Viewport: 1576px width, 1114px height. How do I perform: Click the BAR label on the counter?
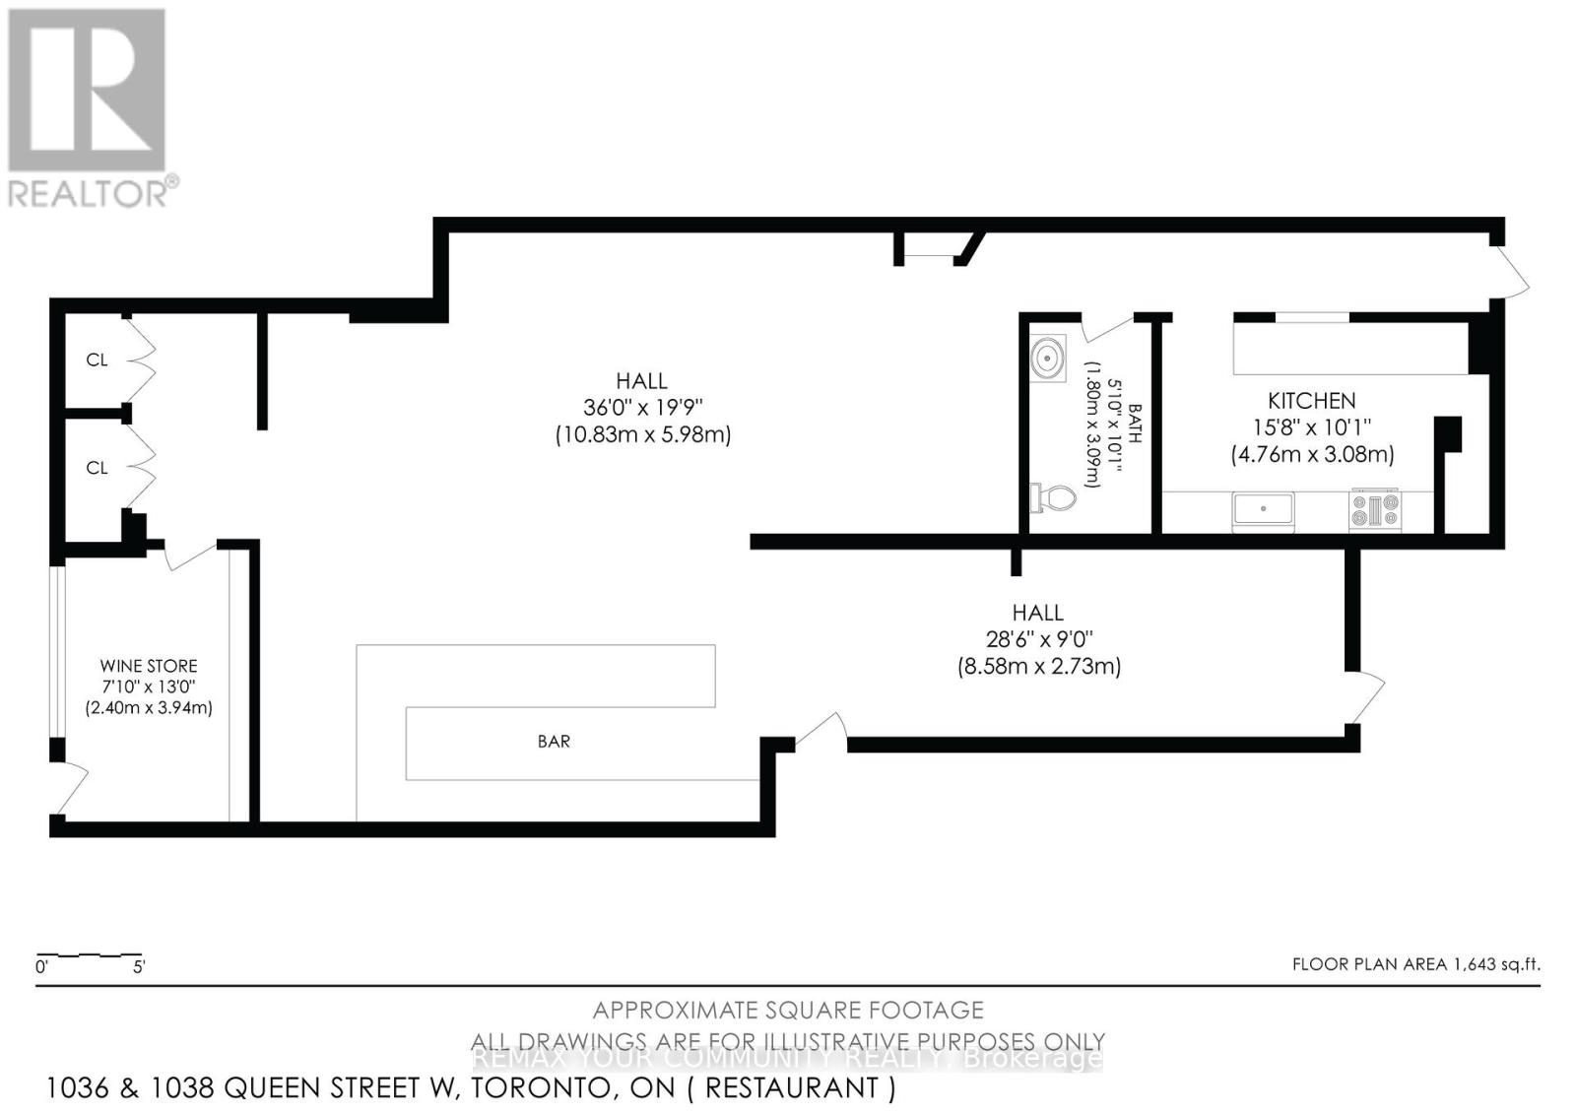coord(554,742)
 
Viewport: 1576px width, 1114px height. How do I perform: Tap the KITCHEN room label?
coord(1311,401)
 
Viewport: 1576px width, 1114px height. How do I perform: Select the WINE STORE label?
coord(149,666)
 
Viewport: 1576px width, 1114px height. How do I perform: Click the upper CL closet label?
coord(97,360)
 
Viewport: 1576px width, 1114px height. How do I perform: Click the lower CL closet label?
coord(97,468)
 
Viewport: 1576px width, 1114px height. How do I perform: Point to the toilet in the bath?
coord(1053,497)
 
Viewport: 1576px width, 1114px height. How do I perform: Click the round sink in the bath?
coord(1047,357)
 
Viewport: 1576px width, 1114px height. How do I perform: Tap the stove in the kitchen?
coord(1375,510)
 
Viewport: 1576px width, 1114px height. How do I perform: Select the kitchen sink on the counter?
coord(1263,509)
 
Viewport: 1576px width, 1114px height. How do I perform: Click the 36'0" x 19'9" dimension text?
coord(642,407)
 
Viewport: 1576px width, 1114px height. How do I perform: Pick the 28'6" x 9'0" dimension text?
coord(1038,639)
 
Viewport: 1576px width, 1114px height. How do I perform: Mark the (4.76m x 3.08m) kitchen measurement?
coord(1312,454)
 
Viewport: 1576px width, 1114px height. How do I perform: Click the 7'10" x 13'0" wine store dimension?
coord(149,687)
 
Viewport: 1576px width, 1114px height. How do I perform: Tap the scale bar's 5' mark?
coord(139,967)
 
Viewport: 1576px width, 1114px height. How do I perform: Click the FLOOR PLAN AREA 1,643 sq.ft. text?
coord(1415,964)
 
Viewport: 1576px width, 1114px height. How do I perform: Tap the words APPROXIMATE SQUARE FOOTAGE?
coord(788,1010)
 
